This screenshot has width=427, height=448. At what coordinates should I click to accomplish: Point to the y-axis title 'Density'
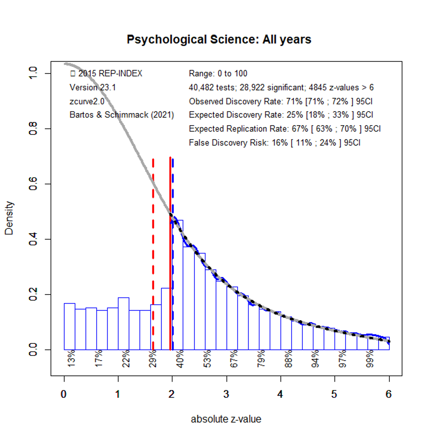tap(9, 218)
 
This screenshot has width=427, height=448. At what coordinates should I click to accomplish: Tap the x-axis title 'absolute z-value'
tap(226, 419)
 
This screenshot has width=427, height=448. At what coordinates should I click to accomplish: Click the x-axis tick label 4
tap(280, 394)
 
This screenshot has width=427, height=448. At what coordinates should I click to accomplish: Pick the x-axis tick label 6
tap(389, 394)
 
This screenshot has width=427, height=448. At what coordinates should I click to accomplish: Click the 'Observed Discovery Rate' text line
tap(280, 101)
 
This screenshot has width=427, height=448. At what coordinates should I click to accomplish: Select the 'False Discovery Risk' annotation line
tap(274, 143)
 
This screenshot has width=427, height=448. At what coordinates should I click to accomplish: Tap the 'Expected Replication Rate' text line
tap(285, 129)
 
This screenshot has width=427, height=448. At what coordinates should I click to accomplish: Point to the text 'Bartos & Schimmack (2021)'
tap(122, 115)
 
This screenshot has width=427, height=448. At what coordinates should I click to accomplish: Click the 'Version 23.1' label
tap(92, 87)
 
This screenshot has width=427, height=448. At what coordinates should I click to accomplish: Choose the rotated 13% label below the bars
tap(71, 358)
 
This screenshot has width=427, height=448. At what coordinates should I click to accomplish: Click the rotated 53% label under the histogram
tap(207, 358)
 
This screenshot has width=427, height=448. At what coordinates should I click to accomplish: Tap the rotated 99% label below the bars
tap(370, 358)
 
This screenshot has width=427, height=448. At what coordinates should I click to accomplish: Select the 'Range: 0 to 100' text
tap(218, 74)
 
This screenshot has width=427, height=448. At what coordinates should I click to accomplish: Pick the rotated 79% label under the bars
tap(261, 358)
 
